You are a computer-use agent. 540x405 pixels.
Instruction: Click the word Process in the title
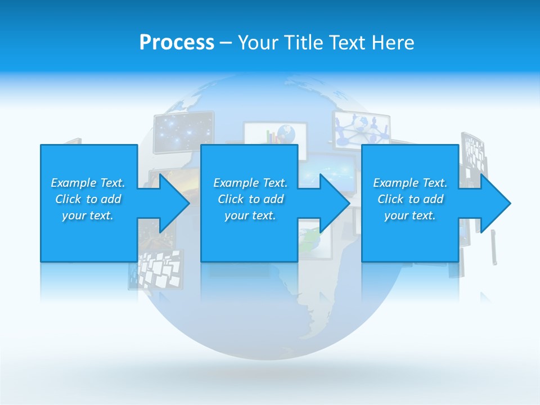177,43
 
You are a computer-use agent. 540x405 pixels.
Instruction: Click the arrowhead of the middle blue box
335,203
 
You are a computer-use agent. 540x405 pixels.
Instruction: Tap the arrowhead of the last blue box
496,203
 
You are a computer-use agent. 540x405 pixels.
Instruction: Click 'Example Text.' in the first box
88,183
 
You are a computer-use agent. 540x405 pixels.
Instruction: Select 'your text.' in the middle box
250,215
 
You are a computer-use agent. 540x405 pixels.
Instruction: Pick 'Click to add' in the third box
410,199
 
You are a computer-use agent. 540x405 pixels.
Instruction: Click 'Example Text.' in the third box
410,183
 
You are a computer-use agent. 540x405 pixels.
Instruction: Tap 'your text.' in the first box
88,215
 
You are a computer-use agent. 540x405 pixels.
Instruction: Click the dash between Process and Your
226,43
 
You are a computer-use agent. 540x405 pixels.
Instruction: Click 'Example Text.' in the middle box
250,183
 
